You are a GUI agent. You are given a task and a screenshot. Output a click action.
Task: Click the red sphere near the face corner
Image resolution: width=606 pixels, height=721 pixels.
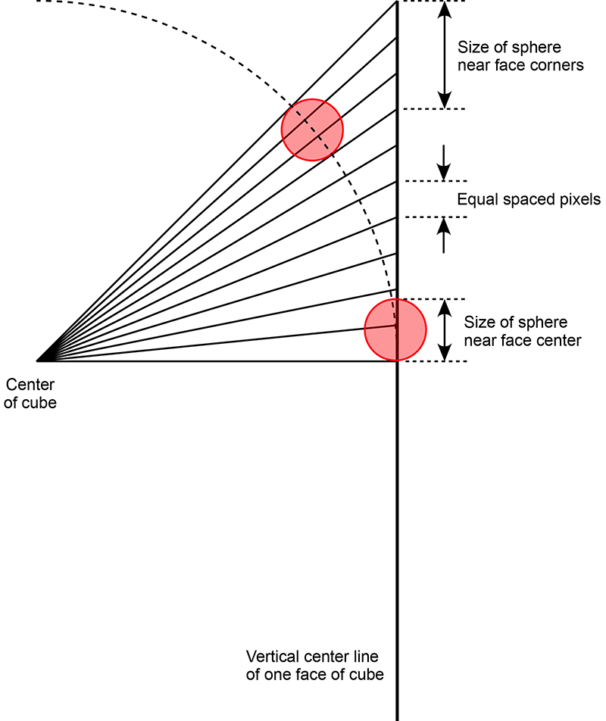tap(312, 130)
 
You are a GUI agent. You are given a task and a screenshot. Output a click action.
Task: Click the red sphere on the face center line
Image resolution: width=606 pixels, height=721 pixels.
tap(395, 329)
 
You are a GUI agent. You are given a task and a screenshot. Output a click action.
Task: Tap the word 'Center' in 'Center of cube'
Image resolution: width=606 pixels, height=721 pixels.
tap(30, 385)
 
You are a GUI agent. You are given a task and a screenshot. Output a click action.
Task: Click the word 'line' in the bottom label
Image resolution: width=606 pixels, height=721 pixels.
tap(367, 656)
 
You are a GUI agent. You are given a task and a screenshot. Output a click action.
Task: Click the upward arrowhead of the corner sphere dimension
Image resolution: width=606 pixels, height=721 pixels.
tap(444, 9)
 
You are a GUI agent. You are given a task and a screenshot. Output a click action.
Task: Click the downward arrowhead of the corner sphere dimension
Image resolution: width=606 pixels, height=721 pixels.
tap(444, 100)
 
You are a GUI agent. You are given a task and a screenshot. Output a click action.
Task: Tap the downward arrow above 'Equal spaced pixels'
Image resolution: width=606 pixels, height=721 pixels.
tap(444, 163)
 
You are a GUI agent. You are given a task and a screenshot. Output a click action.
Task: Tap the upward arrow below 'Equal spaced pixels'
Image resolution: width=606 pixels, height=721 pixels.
tap(444, 235)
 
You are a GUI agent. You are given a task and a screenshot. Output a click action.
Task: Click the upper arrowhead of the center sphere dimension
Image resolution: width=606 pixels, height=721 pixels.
tap(444, 307)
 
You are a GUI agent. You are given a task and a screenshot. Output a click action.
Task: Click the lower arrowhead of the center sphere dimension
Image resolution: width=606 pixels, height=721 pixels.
tap(444, 353)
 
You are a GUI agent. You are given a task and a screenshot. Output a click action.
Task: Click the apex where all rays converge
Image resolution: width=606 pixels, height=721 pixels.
tap(37, 361)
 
